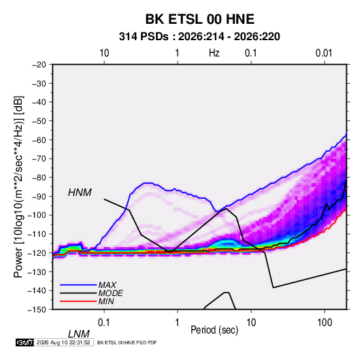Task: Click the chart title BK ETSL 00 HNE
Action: [199, 19]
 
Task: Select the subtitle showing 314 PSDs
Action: [199, 37]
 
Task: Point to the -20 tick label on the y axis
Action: [39, 65]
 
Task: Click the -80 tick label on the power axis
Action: [39, 178]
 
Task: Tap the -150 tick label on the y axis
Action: [37, 310]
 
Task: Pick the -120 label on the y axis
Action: [37, 252]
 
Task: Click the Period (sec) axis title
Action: [214, 330]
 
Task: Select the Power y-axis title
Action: [18, 186]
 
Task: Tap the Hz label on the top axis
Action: [214, 53]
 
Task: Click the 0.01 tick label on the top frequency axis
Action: [324, 53]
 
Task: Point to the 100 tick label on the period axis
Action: [325, 323]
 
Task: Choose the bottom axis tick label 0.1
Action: [103, 323]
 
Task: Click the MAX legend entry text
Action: [107, 284]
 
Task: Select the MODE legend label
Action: [110, 293]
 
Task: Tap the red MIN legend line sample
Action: [78, 301]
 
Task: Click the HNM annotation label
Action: [80, 193]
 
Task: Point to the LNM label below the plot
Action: [79, 334]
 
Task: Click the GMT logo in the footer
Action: [25, 342]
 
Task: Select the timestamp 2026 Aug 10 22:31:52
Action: [63, 342]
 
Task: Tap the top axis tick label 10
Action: [104, 53]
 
